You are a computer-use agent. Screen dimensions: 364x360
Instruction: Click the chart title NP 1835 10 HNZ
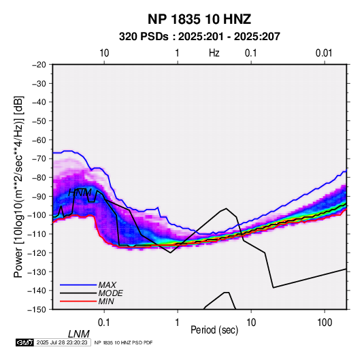click(x=199, y=19)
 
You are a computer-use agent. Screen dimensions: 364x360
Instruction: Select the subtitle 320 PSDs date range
click(x=199, y=37)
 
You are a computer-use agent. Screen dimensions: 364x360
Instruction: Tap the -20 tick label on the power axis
click(x=39, y=65)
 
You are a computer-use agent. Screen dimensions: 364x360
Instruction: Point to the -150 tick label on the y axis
click(x=37, y=310)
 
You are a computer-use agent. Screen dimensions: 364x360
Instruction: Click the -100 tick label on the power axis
click(x=37, y=215)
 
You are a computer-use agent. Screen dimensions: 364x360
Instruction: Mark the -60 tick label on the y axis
click(x=39, y=140)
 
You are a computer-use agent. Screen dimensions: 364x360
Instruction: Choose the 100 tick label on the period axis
click(x=325, y=323)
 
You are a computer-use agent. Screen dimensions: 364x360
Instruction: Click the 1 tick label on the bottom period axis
click(x=178, y=323)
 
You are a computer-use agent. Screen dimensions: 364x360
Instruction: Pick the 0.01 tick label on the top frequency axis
click(x=324, y=53)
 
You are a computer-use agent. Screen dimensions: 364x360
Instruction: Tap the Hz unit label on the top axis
click(x=214, y=53)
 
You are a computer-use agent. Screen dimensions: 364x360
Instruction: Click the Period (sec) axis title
click(x=214, y=330)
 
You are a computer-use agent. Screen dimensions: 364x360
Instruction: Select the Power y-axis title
click(x=18, y=186)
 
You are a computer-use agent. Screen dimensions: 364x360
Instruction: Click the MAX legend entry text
click(x=107, y=284)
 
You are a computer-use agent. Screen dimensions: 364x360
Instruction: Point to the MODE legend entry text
click(x=110, y=293)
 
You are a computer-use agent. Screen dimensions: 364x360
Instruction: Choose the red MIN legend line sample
click(x=78, y=301)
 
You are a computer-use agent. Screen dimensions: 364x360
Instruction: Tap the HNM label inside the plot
click(x=80, y=193)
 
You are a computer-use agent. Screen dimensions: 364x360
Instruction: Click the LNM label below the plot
click(x=78, y=334)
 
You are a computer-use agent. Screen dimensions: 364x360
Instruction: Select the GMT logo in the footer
click(x=24, y=342)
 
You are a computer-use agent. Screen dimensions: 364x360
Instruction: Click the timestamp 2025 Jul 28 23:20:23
click(x=62, y=342)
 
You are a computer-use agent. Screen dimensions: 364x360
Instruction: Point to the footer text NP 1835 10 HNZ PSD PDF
click(x=123, y=342)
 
